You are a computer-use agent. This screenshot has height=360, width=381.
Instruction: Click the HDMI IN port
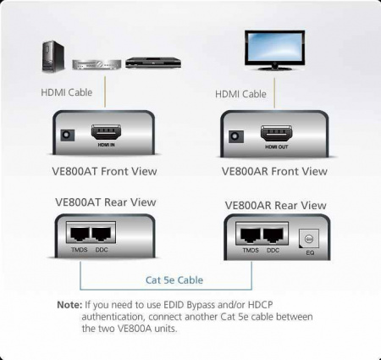click(x=106, y=132)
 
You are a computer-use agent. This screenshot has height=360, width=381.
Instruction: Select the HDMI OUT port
click(x=276, y=132)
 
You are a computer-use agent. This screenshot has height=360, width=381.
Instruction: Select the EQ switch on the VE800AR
click(x=308, y=238)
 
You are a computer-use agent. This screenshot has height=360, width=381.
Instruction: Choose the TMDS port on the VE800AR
click(x=250, y=236)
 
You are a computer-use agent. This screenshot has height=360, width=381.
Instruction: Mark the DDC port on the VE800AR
click(x=273, y=236)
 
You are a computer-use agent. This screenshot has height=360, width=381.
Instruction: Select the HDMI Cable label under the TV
click(x=240, y=93)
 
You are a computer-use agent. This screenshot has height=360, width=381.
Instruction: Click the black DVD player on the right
click(x=147, y=62)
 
